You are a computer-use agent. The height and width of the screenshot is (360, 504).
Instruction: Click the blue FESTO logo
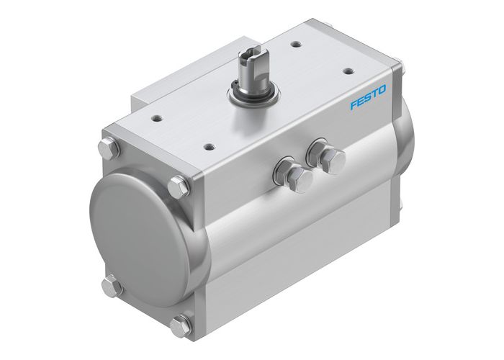[x=369, y=98]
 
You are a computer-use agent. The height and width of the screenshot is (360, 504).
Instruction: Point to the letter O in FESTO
[x=382, y=90]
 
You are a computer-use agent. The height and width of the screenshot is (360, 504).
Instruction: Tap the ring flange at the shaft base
[x=251, y=94]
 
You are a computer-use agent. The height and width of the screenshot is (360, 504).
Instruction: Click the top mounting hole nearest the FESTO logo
[x=348, y=71]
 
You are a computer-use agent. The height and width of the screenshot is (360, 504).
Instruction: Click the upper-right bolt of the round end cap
[x=177, y=189]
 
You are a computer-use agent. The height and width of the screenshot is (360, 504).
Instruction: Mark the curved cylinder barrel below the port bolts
[x=302, y=238]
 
